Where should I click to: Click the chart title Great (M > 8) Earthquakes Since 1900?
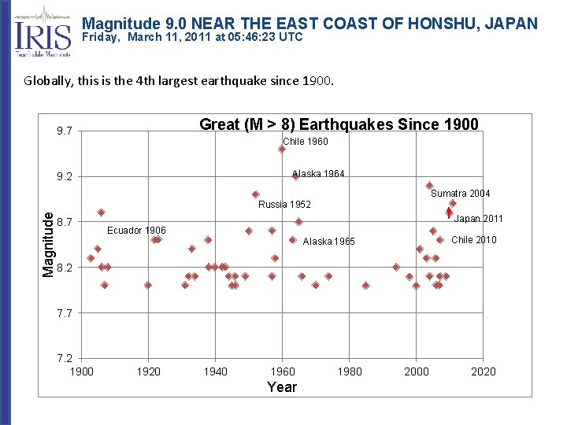tap(339, 124)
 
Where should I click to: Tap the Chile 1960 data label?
tap(306, 142)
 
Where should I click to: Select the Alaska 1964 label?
tap(318, 174)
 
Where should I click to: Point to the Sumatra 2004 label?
tap(461, 194)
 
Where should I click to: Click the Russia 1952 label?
tap(284, 205)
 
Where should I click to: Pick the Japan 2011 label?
tap(478, 219)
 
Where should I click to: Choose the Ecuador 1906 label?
tap(136, 231)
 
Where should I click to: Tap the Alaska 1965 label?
tap(329, 242)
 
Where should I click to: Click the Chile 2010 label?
tap(473, 240)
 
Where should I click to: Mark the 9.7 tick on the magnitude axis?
tap(64, 131)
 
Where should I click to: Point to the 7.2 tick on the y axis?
tap(64, 359)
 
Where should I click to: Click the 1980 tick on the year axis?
tap(350, 371)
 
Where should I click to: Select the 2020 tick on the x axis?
tap(484, 371)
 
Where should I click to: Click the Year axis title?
tap(282, 387)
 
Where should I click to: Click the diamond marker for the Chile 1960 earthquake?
tap(281, 149)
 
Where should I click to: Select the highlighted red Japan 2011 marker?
tap(449, 213)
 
